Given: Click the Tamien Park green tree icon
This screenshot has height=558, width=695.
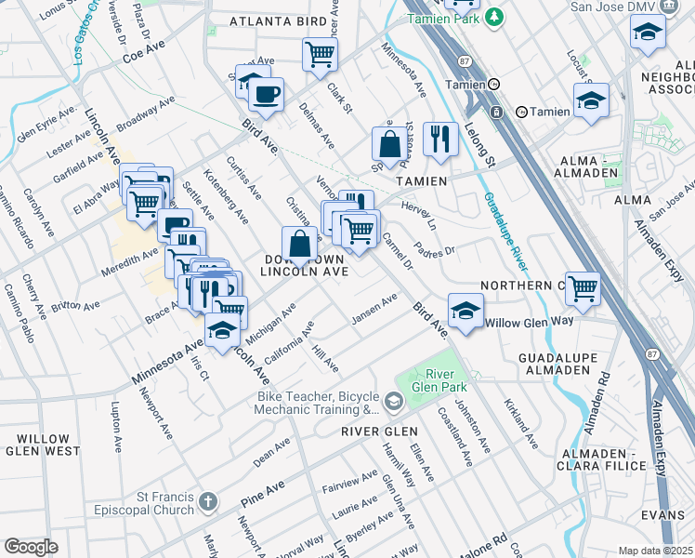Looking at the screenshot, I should point(496,15).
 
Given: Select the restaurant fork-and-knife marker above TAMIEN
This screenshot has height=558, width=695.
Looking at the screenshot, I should point(439,139).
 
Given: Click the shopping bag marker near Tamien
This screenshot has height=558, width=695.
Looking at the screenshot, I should point(389,144).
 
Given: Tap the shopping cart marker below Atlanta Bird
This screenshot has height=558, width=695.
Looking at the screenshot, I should point(320,54).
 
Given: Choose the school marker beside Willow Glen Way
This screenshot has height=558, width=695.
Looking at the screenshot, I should point(466,310).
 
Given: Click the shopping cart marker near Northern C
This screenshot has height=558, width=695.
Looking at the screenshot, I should point(583,288).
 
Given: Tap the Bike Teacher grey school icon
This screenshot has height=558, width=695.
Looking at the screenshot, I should point(394,402).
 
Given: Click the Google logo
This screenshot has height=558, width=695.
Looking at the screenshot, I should point(31,547).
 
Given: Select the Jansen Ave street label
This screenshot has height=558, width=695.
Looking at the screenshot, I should point(374,310).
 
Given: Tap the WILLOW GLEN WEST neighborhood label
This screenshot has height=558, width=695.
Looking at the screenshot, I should point(43,445).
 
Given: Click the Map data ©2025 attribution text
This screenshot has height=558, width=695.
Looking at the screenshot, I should point(655,551).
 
